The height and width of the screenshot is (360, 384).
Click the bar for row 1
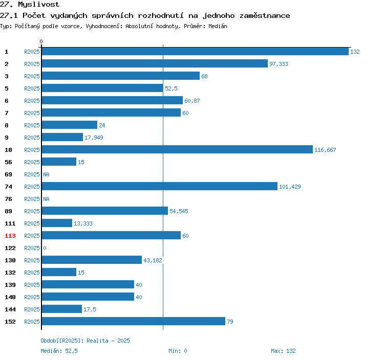(195, 51)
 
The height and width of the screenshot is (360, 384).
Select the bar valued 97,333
(155, 63)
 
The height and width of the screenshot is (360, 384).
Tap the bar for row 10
(177, 149)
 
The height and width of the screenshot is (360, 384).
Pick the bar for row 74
(160, 186)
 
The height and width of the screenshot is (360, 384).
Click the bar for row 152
(134, 321)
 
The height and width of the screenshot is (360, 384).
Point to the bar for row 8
(70, 125)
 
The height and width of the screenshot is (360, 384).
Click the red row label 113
(10, 236)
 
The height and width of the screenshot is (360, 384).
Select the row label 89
(8, 211)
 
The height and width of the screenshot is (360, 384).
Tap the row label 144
(10, 309)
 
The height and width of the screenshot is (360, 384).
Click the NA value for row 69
(46, 174)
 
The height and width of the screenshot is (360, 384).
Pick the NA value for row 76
(46, 199)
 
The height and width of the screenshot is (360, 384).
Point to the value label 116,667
(325, 150)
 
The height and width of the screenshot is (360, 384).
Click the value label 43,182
(153, 260)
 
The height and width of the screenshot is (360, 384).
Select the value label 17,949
(94, 138)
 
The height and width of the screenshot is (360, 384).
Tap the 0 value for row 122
(45, 248)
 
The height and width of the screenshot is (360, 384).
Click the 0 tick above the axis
(41, 41)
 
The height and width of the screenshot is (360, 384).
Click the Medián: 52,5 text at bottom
(59, 351)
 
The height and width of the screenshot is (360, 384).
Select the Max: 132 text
(283, 351)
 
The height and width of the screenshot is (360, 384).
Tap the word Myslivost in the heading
(39, 5)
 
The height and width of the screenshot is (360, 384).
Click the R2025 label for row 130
(32, 260)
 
